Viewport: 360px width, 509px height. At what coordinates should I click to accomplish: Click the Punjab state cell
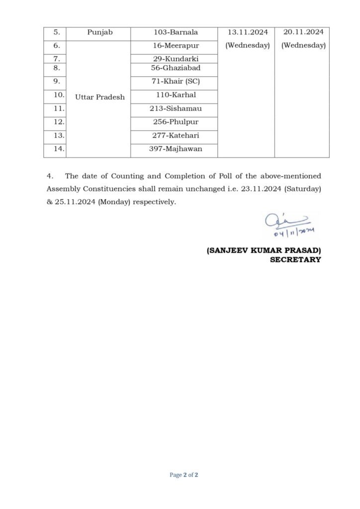(x=100, y=32)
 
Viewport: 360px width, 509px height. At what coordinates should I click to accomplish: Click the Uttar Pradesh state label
(x=100, y=97)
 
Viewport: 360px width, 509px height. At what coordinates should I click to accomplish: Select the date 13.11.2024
(x=248, y=32)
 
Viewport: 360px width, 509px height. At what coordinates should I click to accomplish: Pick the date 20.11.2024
(x=303, y=32)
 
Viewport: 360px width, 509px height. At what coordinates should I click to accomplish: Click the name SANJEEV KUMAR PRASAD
(x=264, y=252)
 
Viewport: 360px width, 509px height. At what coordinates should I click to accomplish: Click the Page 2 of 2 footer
(x=184, y=475)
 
